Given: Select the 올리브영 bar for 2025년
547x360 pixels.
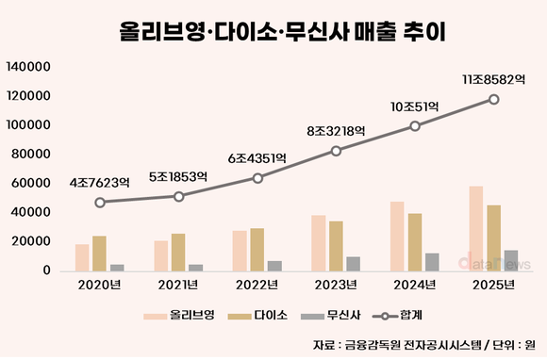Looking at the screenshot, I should coord(475,229).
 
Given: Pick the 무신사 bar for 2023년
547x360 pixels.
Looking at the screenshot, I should coord(352,264).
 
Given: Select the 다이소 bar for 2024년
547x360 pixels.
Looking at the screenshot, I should coord(415,242).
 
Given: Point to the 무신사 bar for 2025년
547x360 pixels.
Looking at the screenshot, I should coord(510,261).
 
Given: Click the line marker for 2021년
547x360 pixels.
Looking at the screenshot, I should coord(178,196).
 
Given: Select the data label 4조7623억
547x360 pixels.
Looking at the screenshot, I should coord(99,182).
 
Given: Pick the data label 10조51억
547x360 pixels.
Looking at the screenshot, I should coord(415,106).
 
